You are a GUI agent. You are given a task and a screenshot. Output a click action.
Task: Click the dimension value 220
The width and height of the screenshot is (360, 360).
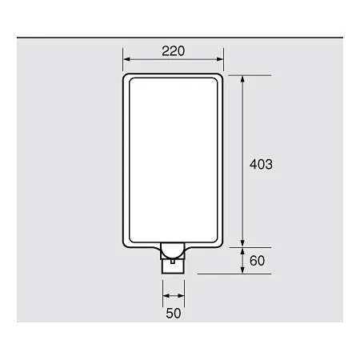click(173, 51)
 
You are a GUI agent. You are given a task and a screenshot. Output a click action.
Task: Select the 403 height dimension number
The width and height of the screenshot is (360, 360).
click(261, 164)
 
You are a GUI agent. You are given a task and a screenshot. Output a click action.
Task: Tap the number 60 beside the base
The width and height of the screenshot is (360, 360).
click(257, 261)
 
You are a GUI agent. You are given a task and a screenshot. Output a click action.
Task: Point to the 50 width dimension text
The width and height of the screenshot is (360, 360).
click(174, 314)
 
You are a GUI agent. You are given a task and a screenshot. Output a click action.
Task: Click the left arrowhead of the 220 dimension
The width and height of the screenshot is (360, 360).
click(126, 59)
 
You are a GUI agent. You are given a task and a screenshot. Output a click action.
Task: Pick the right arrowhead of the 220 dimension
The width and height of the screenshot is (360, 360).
click(220, 59)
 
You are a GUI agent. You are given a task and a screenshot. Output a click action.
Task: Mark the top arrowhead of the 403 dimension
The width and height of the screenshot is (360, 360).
click(242, 79)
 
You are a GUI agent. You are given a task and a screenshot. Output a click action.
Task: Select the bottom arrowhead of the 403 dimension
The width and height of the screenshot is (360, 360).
click(242, 243)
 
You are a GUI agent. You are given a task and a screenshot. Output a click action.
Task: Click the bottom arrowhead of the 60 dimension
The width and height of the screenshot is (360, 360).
click(242, 270)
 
